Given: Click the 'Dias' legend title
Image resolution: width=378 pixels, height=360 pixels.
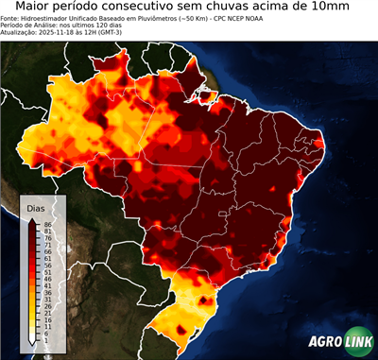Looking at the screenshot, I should click(x=36, y=208).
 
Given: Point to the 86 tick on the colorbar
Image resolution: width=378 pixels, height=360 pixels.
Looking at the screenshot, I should click(x=46, y=224).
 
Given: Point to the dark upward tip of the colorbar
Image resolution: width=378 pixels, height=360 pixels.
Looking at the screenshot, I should click(x=32, y=219).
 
